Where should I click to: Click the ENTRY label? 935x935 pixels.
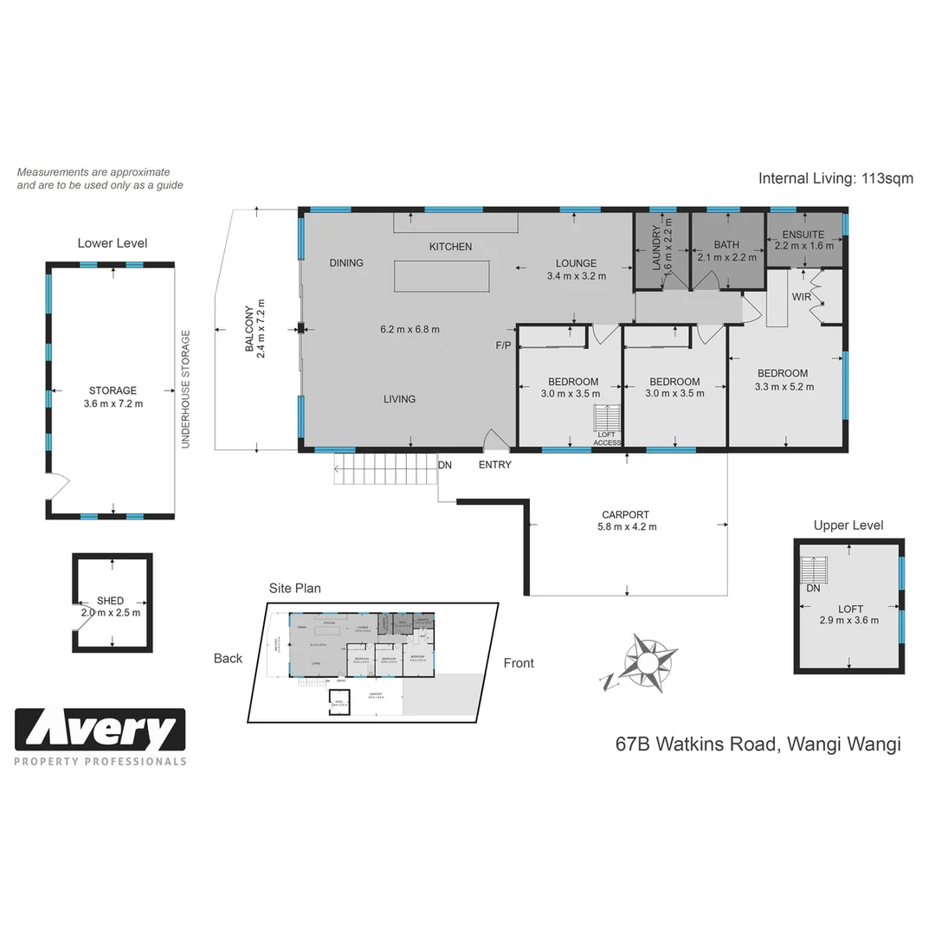(x=494, y=465)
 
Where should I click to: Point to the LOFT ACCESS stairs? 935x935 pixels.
(x=607, y=418)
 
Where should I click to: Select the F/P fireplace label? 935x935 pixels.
(x=503, y=345)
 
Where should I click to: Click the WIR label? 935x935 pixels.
(x=801, y=297)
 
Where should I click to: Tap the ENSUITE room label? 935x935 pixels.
(x=803, y=234)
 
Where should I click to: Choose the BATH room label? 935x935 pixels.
(x=726, y=245)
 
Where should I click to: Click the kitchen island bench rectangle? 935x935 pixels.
(x=442, y=277)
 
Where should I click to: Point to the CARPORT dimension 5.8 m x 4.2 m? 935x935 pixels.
(x=627, y=526)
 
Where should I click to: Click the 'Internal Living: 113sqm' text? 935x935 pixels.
(x=835, y=179)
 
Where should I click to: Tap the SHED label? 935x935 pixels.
(x=110, y=600)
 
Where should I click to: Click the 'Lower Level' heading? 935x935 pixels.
(x=112, y=243)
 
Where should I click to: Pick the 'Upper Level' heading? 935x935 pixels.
(x=848, y=525)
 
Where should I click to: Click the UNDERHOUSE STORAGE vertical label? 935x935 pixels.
(x=185, y=389)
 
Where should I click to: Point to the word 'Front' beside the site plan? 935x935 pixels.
(x=519, y=663)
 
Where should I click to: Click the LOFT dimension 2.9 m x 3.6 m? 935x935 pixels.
(x=848, y=620)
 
